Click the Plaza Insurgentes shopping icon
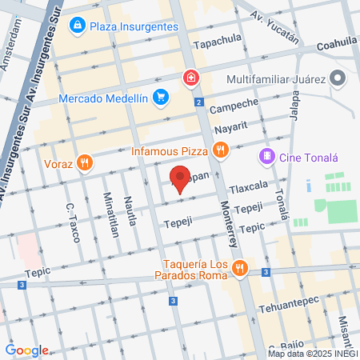78,27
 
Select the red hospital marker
190,78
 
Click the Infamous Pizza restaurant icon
220,150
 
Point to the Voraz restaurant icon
86,164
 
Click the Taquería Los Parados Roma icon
239,270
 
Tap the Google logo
26,350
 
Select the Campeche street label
235,105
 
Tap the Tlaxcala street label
248,189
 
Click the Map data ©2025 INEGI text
312,354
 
